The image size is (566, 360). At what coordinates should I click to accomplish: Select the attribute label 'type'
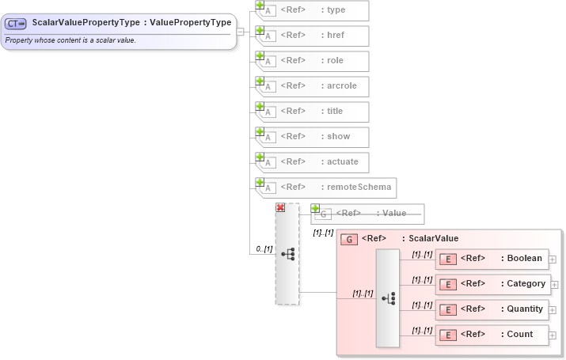(x=336, y=9)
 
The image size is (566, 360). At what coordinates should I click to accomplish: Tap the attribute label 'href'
(x=336, y=35)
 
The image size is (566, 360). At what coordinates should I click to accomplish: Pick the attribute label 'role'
(x=336, y=60)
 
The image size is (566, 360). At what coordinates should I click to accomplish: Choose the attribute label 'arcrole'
(x=342, y=85)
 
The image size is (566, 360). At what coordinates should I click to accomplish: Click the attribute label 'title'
(x=336, y=111)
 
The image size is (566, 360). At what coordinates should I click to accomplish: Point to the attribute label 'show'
(x=339, y=136)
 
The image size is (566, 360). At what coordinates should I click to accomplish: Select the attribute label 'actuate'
(x=343, y=161)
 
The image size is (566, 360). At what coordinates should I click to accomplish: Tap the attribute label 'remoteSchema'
(x=359, y=188)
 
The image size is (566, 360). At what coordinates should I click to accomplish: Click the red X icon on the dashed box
(x=280, y=207)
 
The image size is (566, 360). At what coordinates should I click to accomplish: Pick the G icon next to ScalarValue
(x=348, y=239)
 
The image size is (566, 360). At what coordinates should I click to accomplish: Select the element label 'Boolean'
(x=525, y=258)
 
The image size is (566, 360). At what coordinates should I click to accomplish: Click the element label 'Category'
(x=526, y=283)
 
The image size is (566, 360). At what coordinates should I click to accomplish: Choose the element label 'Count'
(x=520, y=334)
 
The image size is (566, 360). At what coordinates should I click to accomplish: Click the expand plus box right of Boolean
(x=553, y=259)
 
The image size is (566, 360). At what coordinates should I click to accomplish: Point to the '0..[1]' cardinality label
(x=264, y=249)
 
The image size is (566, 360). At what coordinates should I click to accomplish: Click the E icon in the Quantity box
(x=447, y=309)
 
